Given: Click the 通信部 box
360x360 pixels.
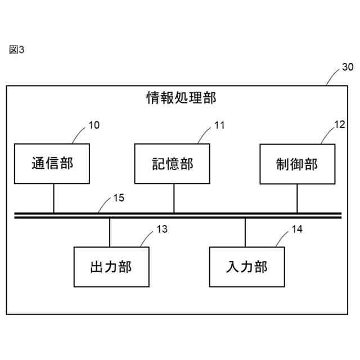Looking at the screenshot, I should coord(52,164).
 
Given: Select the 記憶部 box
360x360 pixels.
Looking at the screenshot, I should coord(173,164).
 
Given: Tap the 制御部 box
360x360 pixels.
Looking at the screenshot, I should coord(296,164).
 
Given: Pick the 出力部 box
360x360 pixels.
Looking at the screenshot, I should coord(111,267).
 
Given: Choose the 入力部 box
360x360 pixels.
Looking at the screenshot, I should coord(246,267).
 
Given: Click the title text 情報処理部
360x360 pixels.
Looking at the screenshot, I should coord(180,98).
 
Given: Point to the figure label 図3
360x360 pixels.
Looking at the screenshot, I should coord(17,49).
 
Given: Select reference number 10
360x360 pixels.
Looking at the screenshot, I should coord(94,125).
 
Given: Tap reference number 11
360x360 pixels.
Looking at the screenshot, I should coord(219,125).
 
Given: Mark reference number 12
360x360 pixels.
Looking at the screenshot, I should coord(339,125).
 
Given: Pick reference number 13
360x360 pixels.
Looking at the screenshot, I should coord(162,229).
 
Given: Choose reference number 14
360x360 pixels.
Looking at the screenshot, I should coord(297,229).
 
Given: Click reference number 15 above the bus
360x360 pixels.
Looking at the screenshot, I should coord(119,198).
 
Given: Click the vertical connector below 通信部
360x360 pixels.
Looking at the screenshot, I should coord(53,198).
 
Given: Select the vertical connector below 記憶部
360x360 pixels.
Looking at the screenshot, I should coord(173,198).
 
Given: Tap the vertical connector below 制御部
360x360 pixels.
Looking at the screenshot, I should coord(297,198).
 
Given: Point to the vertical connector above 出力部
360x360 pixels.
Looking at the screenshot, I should coord(110,232).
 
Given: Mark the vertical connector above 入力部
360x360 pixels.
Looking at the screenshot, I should coord(245,232).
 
